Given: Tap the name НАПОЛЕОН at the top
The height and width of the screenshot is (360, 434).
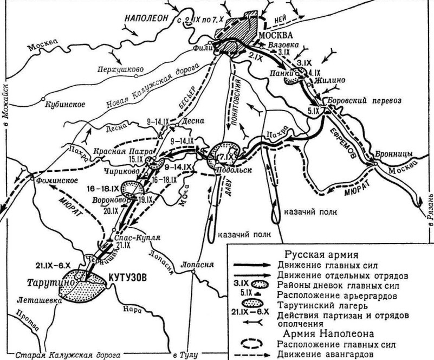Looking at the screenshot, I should point(146,17).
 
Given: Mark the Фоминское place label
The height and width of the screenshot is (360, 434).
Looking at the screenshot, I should point(54,181).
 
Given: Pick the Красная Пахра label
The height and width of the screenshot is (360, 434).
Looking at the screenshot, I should point(124,152).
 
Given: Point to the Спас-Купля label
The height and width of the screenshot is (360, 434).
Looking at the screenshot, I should point(129,238).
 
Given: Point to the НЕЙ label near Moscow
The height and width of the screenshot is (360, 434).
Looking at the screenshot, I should point(281,18).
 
